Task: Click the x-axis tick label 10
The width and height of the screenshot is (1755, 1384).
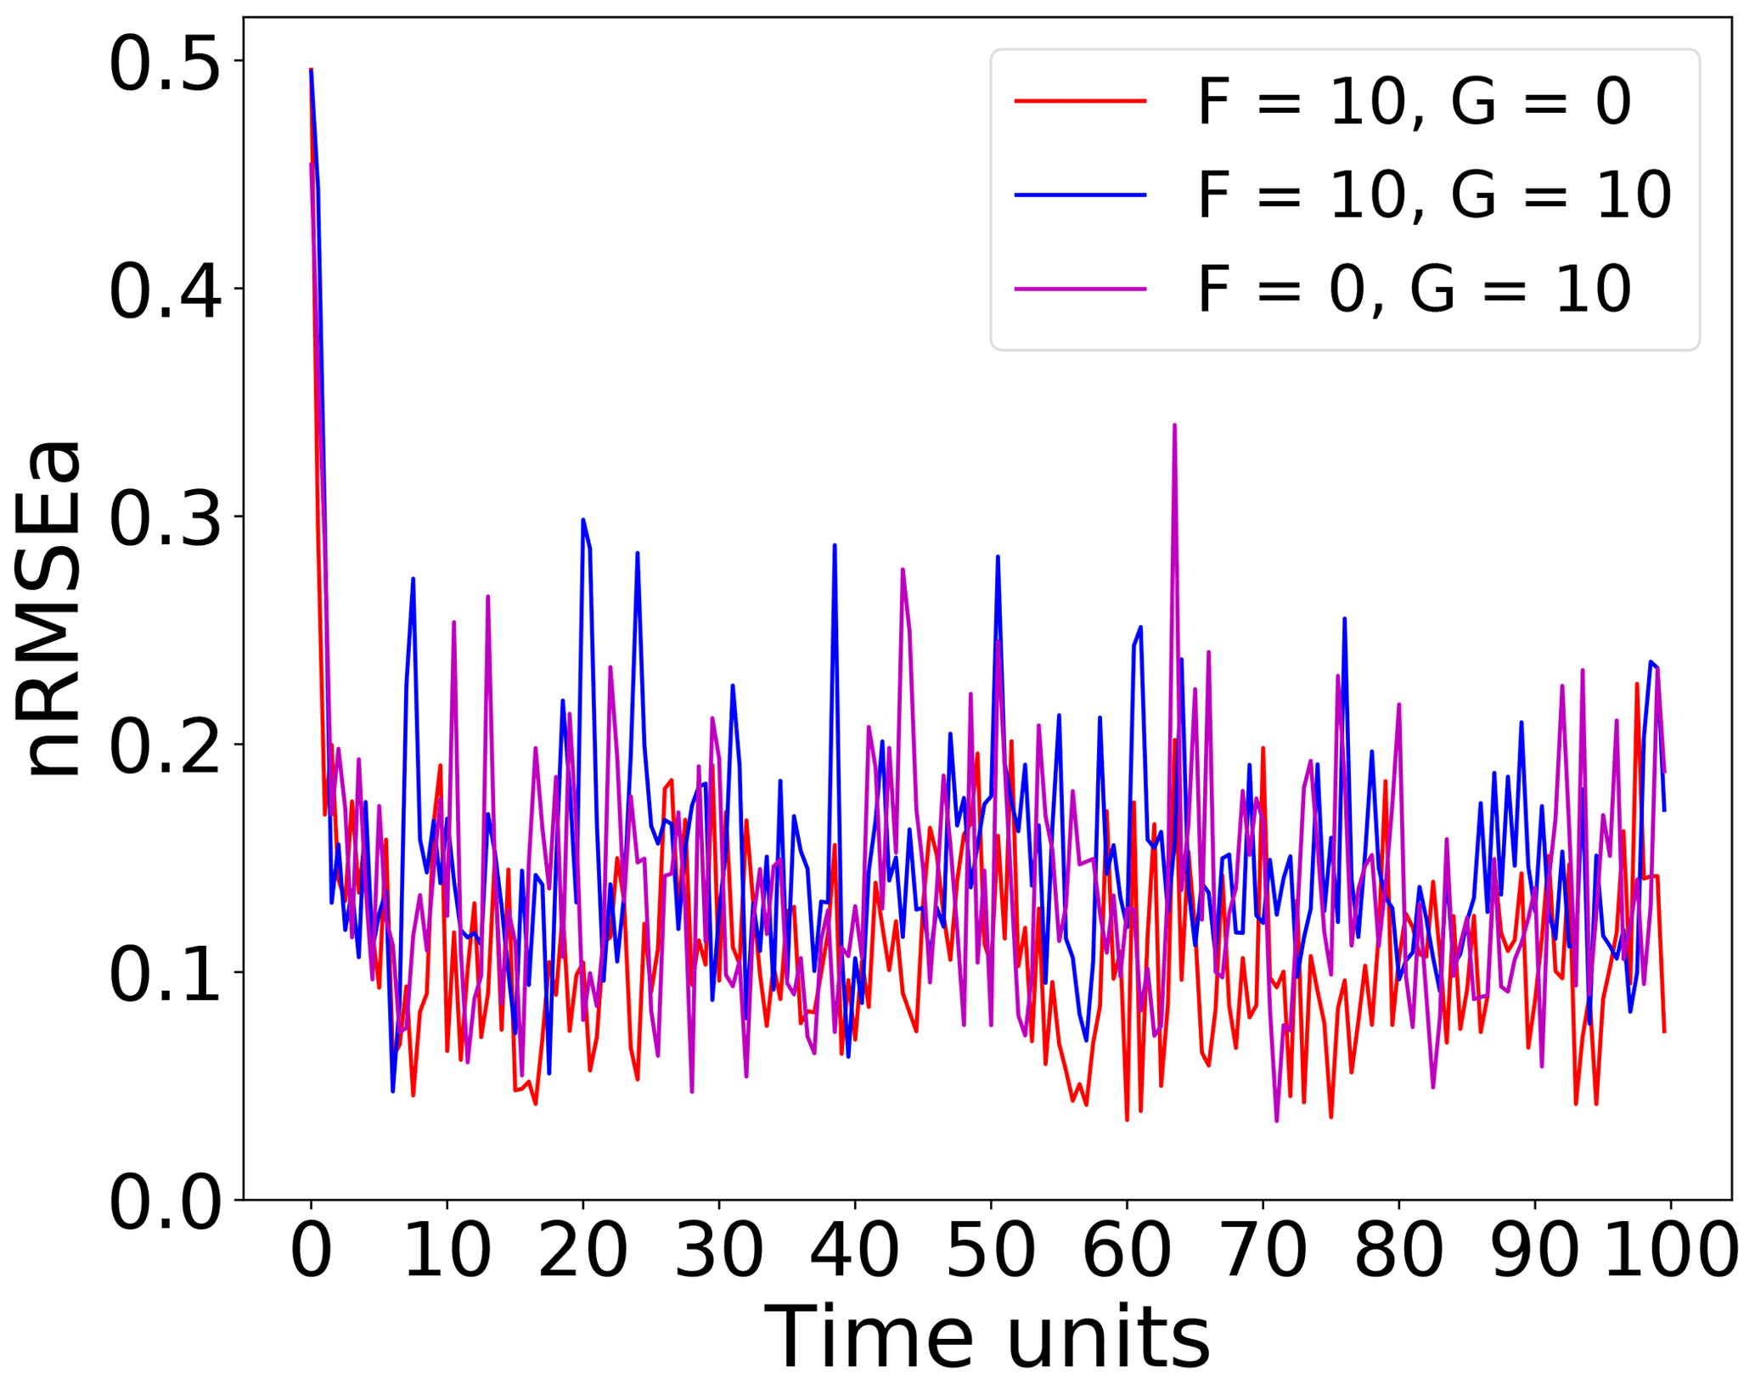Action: coord(447,1252)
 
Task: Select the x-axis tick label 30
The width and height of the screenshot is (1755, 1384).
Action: coord(719,1252)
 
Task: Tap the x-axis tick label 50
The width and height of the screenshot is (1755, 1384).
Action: coord(991,1252)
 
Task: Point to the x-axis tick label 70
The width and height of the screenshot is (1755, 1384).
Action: coord(1263,1252)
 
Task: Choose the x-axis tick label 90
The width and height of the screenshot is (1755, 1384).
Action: coord(1534,1252)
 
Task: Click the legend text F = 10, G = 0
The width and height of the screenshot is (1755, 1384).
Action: coord(1415,102)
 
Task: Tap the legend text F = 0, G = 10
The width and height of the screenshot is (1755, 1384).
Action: coord(1415,290)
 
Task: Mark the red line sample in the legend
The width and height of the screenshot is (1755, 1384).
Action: coord(1080,101)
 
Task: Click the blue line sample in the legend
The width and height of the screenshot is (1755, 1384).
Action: coord(1080,195)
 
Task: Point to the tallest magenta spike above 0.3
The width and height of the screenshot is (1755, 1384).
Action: coord(1174,426)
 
